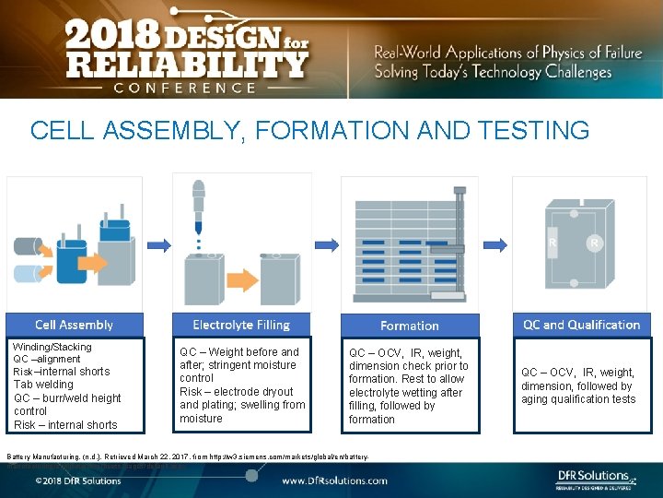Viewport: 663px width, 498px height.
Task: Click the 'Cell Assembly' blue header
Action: [74, 325]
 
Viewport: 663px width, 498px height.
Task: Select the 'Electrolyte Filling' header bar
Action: [241, 325]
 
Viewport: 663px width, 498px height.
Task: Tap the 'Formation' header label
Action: [410, 326]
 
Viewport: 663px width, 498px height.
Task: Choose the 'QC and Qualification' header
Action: [581, 325]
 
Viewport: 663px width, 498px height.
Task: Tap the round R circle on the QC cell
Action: [595, 243]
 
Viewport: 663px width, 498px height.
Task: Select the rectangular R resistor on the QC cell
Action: [552, 244]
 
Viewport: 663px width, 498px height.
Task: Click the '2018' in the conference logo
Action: [103, 38]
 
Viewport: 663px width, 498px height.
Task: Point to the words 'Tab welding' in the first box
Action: [43, 385]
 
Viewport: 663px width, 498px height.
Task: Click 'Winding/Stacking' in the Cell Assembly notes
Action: [52, 346]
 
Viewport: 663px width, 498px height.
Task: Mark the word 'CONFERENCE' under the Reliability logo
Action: [184, 88]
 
